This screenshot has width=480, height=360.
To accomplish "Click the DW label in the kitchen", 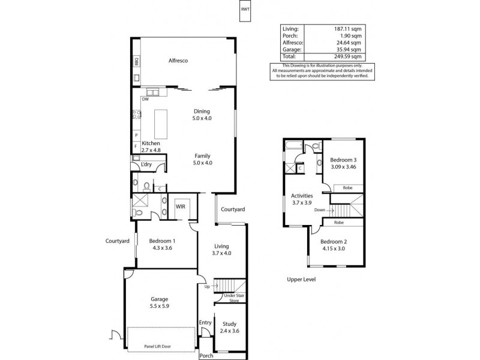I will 145,100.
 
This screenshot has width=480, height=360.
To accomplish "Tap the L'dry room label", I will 146,165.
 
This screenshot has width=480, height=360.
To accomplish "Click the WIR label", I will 180,206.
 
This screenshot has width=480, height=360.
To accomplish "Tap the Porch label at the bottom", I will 206,355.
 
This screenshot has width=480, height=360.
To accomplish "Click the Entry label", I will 206,323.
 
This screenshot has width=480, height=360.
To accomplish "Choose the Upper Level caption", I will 301,280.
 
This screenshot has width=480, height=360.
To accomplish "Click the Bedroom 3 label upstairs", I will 344,160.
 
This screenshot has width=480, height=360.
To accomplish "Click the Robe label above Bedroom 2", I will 339,222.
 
